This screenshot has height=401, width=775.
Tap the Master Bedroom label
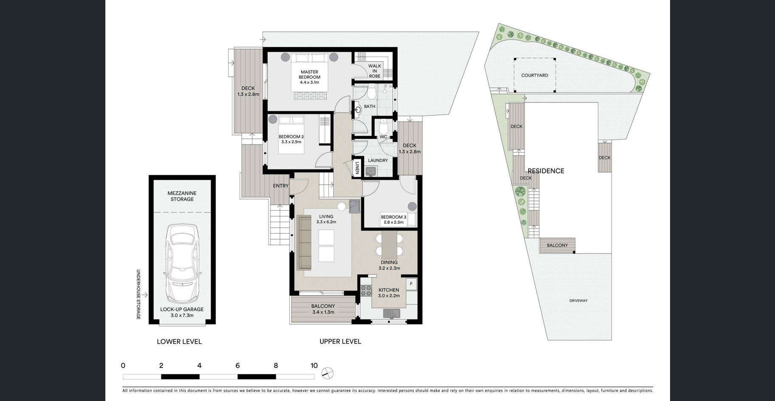click(x=309, y=77)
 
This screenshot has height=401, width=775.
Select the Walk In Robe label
click(x=375, y=71)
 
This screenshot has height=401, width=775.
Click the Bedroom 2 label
click(x=291, y=139)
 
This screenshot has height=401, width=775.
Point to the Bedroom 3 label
click(x=393, y=220)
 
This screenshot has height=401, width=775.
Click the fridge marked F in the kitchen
click(x=411, y=284)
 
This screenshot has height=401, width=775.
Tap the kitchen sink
click(x=391, y=313)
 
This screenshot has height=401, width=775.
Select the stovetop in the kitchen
click(x=365, y=291)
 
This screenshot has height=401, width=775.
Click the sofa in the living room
click(x=304, y=243)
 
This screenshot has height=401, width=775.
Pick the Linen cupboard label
click(x=357, y=168)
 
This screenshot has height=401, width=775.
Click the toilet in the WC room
click(x=384, y=126)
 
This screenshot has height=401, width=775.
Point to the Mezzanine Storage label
click(x=182, y=196)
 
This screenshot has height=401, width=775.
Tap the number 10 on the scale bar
click(x=314, y=366)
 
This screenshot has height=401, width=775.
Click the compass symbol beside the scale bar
click(x=328, y=373)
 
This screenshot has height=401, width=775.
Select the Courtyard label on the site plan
click(x=535, y=75)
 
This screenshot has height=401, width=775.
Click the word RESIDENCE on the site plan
click(x=546, y=171)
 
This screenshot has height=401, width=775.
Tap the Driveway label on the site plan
click(x=578, y=300)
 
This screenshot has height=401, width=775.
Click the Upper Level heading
click(x=340, y=342)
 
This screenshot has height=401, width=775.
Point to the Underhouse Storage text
click(x=138, y=294)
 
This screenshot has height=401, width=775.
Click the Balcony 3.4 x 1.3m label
click(x=323, y=309)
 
